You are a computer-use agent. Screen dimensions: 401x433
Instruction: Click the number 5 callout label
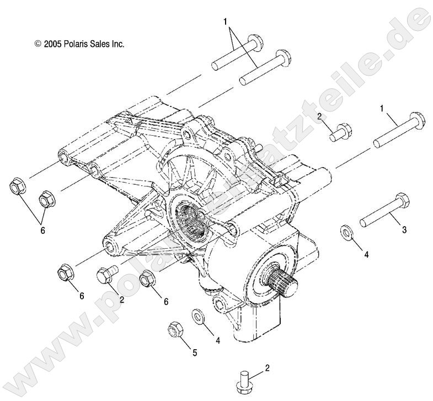click(194, 353)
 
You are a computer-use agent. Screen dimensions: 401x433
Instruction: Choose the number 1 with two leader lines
click(225, 22)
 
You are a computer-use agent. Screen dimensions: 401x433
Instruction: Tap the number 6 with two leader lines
click(42, 231)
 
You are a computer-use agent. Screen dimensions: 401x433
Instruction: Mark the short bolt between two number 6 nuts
click(106, 275)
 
